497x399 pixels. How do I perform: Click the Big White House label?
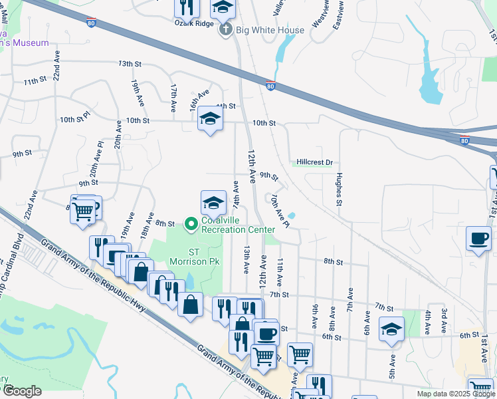pos(269,30)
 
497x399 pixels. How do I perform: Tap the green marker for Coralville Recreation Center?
pos(191,224)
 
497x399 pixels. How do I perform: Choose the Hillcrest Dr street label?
pos(314,162)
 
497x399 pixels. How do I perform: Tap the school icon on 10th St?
pos(210,119)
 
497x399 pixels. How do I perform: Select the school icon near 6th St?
pos(391,328)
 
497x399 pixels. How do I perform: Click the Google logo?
pos(23,391)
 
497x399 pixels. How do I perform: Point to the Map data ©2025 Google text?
pos(456,394)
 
